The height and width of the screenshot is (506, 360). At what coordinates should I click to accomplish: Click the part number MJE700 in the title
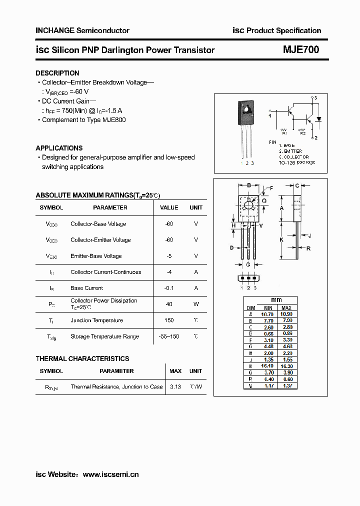[x=300, y=49]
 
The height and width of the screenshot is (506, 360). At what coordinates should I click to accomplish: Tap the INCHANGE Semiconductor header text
[x=82, y=30]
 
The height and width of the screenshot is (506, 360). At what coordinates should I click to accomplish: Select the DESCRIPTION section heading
[x=57, y=73]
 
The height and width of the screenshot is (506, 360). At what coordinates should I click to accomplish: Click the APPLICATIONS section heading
[x=59, y=148]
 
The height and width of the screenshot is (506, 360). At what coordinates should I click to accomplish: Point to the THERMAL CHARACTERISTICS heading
[x=82, y=358]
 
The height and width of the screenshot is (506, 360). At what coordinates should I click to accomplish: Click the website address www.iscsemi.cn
[x=110, y=474]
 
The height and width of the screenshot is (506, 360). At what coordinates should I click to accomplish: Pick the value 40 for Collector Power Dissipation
[x=169, y=304]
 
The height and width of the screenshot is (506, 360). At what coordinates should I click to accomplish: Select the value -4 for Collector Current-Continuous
[x=169, y=272]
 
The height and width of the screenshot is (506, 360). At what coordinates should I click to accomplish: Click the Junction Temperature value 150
[x=169, y=320]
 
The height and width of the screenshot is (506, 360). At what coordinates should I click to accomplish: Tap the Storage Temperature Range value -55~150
[x=169, y=336]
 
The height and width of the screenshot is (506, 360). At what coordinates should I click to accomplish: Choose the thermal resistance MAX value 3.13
[x=175, y=386]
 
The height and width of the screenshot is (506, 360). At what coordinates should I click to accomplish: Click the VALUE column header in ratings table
[x=169, y=207]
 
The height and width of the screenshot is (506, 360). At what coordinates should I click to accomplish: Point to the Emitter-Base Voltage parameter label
[x=96, y=256]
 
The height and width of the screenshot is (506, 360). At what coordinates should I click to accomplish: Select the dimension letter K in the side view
[x=281, y=239]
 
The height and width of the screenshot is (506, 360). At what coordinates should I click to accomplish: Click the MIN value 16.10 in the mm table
[x=268, y=365]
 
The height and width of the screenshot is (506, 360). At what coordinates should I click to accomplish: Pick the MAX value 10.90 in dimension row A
[x=286, y=313]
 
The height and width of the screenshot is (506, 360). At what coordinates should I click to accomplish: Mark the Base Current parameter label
[x=87, y=288]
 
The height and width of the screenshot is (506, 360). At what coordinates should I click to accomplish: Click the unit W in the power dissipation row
[x=196, y=304]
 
